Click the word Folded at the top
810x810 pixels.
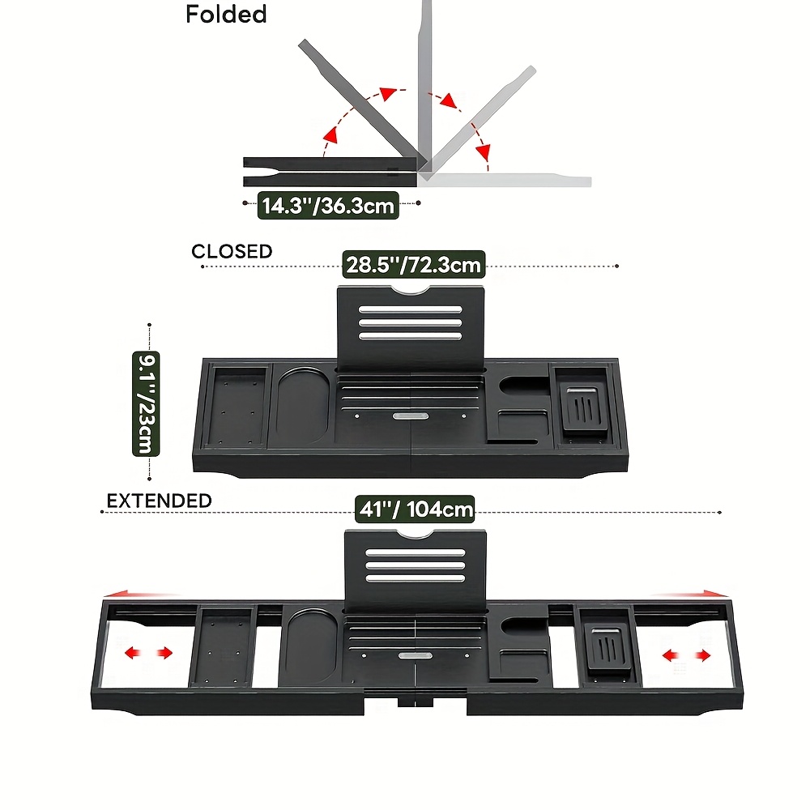click(226, 15)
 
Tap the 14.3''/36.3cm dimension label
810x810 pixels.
click(327, 206)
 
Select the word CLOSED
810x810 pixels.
click(232, 252)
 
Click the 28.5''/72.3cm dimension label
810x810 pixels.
click(414, 265)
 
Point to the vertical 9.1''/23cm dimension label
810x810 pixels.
click(146, 403)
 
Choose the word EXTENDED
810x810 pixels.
click(159, 501)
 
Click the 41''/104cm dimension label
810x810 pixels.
click(414, 510)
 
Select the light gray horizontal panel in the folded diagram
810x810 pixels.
click(506, 179)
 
